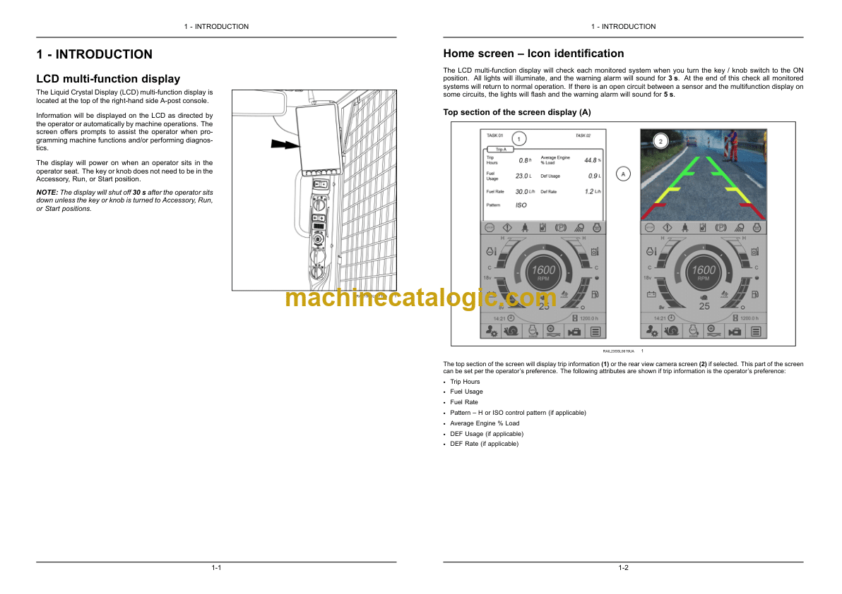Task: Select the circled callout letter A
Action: point(623,174)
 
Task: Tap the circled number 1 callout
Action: point(518,139)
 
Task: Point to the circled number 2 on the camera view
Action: point(660,141)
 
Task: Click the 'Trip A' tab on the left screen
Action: point(501,149)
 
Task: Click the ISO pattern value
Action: point(521,205)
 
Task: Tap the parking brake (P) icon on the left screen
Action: point(562,228)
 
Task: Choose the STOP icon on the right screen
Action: point(649,228)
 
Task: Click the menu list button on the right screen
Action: point(756,331)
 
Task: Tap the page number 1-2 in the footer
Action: point(623,569)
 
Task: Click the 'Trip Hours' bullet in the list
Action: point(465,382)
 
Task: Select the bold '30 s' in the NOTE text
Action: point(140,192)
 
